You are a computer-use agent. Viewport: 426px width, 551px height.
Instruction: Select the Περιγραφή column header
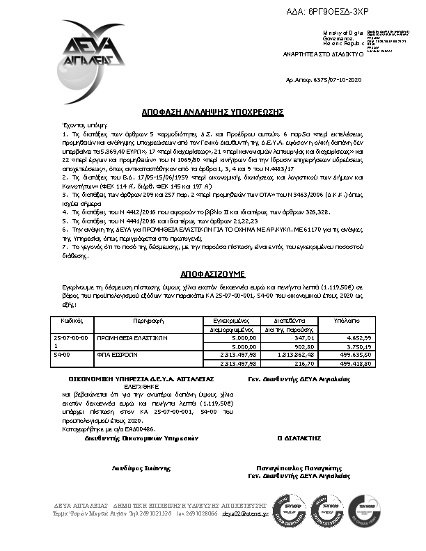click(148, 321)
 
